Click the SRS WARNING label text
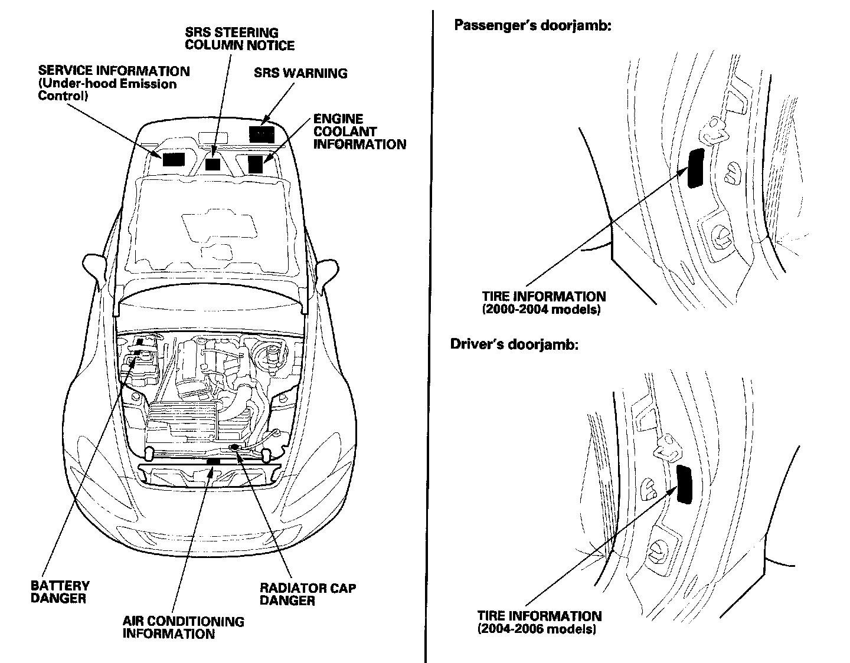300,74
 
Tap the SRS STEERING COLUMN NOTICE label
240,39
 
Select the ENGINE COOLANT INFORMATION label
359,132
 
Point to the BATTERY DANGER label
60,592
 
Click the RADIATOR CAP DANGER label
308,594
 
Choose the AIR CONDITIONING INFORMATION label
183,628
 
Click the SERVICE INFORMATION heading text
114,71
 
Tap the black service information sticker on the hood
174,159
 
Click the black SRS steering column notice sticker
213,164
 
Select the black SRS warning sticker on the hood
261,134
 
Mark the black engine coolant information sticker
256,163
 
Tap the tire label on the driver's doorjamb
685,483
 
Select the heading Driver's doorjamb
514,344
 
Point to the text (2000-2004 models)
541,309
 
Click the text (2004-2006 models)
537,629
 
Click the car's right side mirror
327,270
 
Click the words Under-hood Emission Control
107,89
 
